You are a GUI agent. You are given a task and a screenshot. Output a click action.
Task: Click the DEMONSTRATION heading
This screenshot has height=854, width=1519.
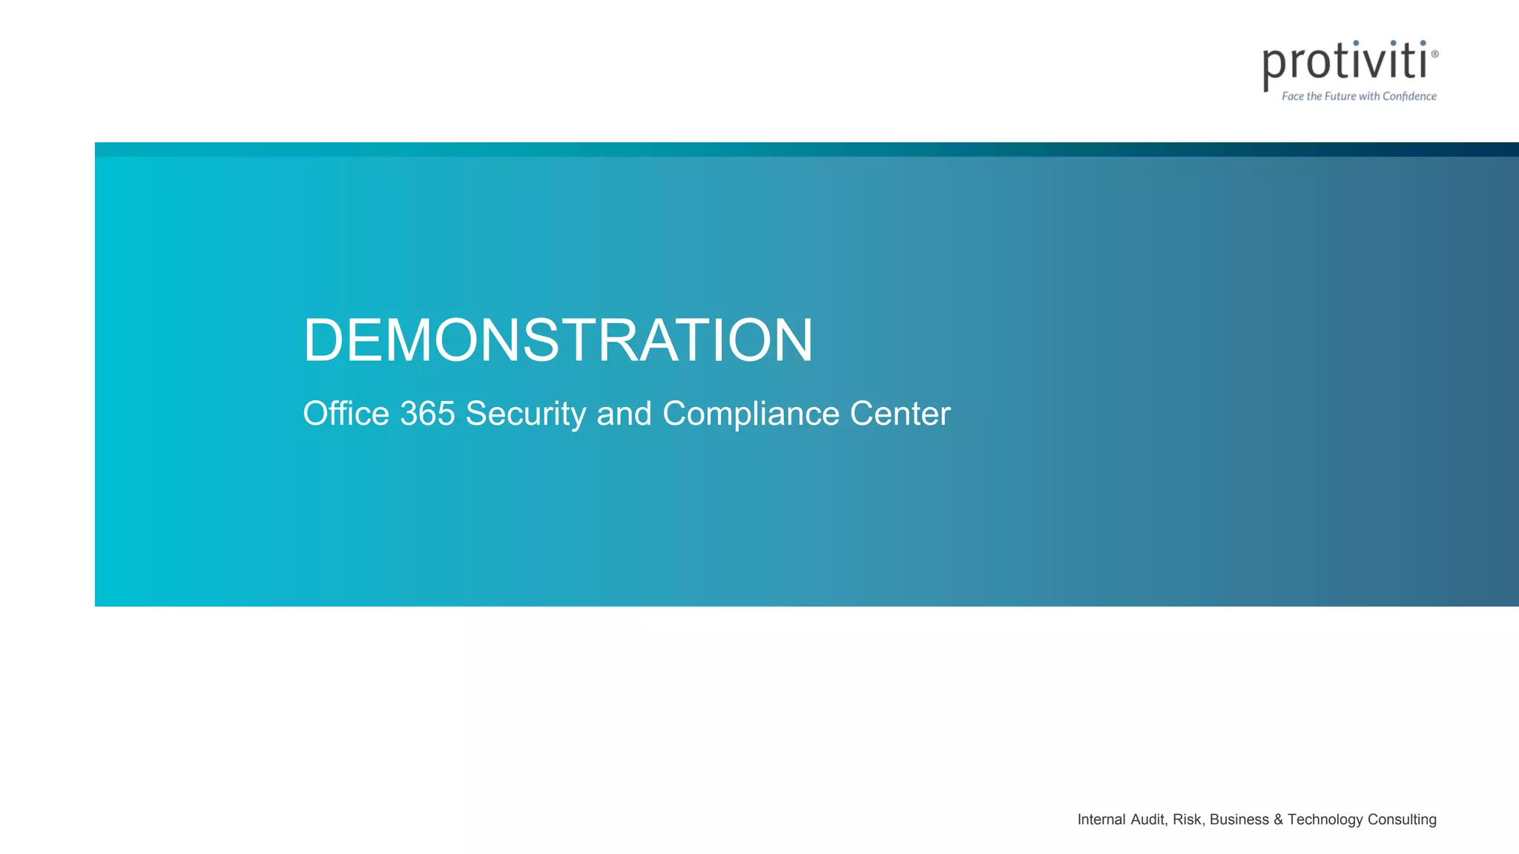click(558, 340)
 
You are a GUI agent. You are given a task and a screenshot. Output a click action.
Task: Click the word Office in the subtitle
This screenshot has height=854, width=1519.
click(346, 414)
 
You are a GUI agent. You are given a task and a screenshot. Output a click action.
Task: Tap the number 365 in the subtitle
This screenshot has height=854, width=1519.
click(427, 414)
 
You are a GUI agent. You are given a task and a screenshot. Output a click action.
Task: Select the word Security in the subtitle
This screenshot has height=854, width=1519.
click(526, 414)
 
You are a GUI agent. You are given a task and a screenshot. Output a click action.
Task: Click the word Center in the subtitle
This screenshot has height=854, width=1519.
click(900, 414)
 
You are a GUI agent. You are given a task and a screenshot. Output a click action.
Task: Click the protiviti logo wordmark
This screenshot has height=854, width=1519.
click(1345, 62)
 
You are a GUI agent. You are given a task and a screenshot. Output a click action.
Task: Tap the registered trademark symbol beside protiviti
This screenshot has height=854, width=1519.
click(1434, 54)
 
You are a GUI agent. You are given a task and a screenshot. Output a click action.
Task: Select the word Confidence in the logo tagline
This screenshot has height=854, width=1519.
click(1409, 96)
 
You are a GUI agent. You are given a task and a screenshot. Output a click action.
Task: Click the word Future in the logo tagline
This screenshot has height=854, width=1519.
click(1340, 96)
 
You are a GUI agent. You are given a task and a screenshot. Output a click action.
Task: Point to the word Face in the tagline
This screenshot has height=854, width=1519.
click(1293, 96)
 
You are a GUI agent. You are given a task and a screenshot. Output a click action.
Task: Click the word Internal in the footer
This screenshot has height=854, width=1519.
click(1101, 819)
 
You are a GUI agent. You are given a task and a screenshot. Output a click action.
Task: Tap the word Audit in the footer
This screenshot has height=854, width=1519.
click(1148, 819)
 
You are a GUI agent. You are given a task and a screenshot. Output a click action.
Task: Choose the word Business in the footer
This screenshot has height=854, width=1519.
click(1239, 819)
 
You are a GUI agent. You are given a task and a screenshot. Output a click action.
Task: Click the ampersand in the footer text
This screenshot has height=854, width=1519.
click(1278, 819)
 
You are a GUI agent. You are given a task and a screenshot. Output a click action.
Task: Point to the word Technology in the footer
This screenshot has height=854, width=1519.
click(1325, 819)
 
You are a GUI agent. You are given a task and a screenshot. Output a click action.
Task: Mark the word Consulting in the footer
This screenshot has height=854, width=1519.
click(1402, 819)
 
